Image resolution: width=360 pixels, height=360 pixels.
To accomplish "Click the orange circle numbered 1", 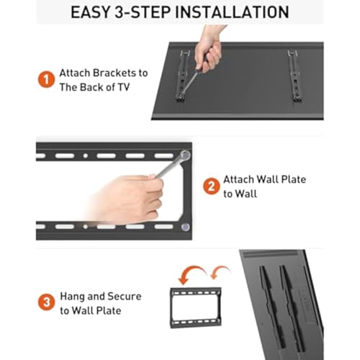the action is [46, 79].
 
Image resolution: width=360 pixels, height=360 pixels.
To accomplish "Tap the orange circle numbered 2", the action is [211, 186].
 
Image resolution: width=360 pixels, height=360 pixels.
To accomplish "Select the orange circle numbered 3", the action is [47, 302].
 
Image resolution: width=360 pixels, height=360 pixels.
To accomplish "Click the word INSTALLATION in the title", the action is [233, 12].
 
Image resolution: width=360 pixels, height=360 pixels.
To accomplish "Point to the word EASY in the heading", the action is [91, 12].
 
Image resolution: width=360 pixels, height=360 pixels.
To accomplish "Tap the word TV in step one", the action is [124, 87].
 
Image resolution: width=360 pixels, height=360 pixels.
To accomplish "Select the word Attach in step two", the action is [238, 179].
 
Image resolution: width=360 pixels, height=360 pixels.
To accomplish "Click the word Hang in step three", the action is [72, 297].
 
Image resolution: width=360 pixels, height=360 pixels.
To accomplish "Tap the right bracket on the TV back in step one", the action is [295, 76].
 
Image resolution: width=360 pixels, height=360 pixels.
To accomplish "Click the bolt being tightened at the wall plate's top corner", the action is [185, 155].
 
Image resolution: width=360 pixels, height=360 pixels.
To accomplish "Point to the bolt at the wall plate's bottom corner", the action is [185, 226].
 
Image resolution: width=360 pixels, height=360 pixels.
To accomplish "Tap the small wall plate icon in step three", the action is [196, 307].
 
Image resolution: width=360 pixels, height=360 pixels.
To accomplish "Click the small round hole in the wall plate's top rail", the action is [85, 156].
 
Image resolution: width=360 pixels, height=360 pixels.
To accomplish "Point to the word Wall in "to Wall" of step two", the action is [246, 194].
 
